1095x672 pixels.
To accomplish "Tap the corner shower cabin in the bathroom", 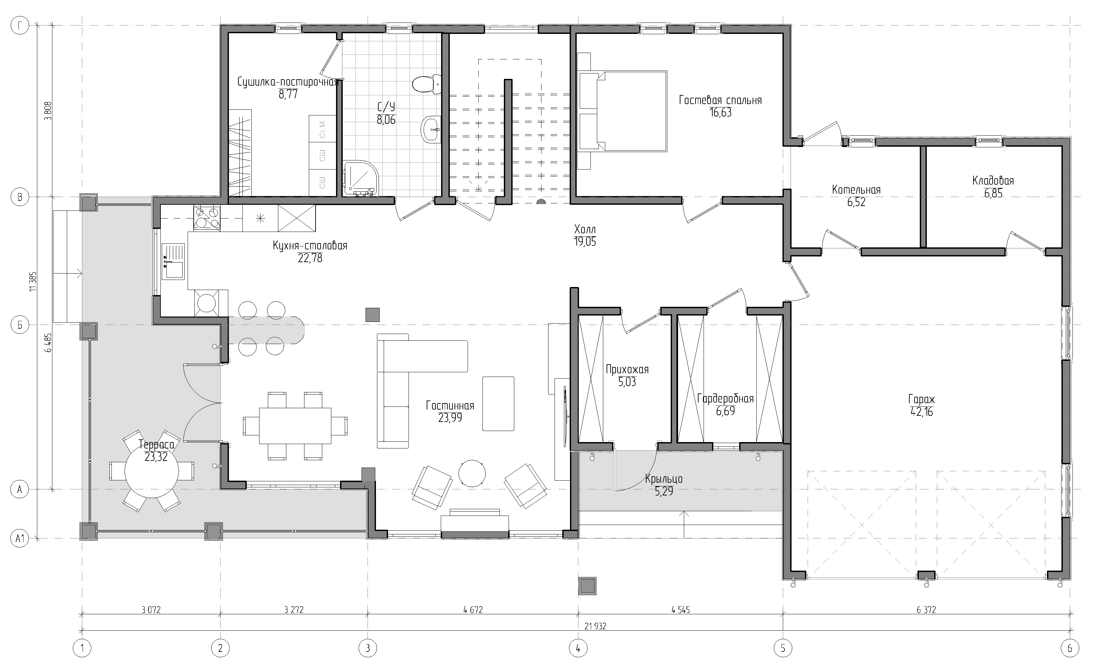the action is (361, 178).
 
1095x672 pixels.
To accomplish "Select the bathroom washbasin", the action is (431, 129).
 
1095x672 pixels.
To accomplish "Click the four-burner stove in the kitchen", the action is (207, 218).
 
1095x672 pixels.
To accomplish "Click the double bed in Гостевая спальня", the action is (622, 111).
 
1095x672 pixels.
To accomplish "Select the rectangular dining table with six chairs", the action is (295, 426).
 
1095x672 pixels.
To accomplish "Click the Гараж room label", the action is (921, 399).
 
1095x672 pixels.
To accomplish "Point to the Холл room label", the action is (584, 229).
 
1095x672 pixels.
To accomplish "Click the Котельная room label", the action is (856, 190).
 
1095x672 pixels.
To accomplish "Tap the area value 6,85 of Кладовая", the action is (993, 193).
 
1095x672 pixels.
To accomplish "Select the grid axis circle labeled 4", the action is (578, 649).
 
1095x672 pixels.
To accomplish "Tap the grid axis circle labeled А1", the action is (19, 539).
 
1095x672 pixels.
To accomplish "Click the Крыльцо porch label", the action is (664, 479).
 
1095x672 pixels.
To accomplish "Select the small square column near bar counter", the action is (372, 315).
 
